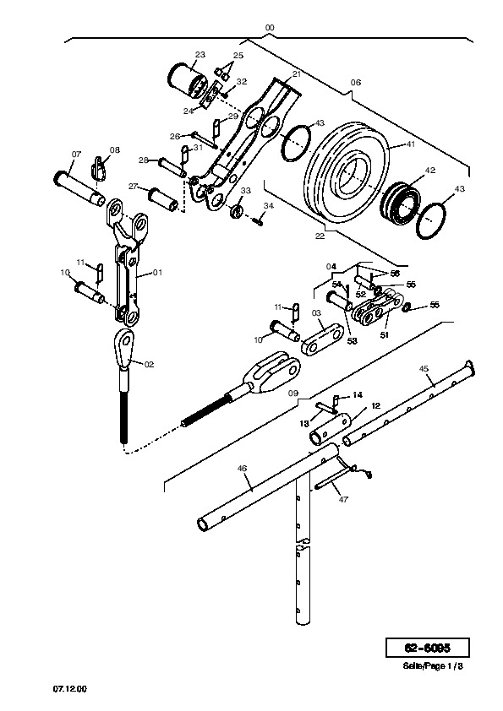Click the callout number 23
(x=200, y=55)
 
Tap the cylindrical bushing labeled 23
(x=188, y=81)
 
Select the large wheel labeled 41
(x=347, y=172)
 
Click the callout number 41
(x=410, y=144)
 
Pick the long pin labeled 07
(x=79, y=187)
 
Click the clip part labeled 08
(x=99, y=168)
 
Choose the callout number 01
(x=157, y=273)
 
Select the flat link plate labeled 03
(x=322, y=339)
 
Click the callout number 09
(x=293, y=393)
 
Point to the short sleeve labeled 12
(x=330, y=429)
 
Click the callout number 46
(x=242, y=469)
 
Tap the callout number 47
(x=344, y=499)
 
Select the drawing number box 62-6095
(x=427, y=648)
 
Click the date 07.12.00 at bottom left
(x=70, y=689)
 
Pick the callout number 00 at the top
(x=270, y=28)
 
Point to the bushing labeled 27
(x=164, y=199)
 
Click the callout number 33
(x=245, y=191)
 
